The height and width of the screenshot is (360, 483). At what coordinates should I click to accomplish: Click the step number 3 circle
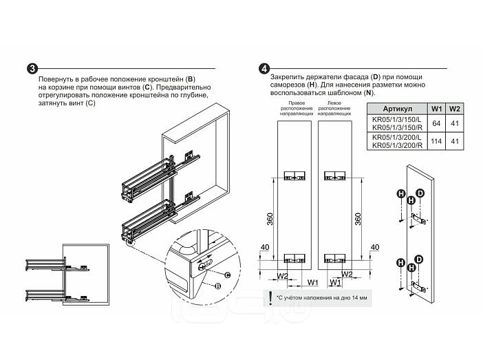tap(32, 70)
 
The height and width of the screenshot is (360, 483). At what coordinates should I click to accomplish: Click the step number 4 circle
tap(264, 70)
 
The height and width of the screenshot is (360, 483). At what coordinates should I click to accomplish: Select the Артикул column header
tap(397, 109)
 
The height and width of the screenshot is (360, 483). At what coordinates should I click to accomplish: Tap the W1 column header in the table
tap(436, 109)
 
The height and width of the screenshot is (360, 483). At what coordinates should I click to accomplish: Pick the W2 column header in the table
tap(454, 109)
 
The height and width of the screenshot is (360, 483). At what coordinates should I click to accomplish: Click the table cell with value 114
tap(436, 141)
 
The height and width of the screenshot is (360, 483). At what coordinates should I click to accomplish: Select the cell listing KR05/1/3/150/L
tap(396, 118)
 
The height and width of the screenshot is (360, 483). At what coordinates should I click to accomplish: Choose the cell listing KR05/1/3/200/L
tap(396, 137)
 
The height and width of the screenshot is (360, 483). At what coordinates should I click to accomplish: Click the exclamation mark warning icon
tap(270, 297)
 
